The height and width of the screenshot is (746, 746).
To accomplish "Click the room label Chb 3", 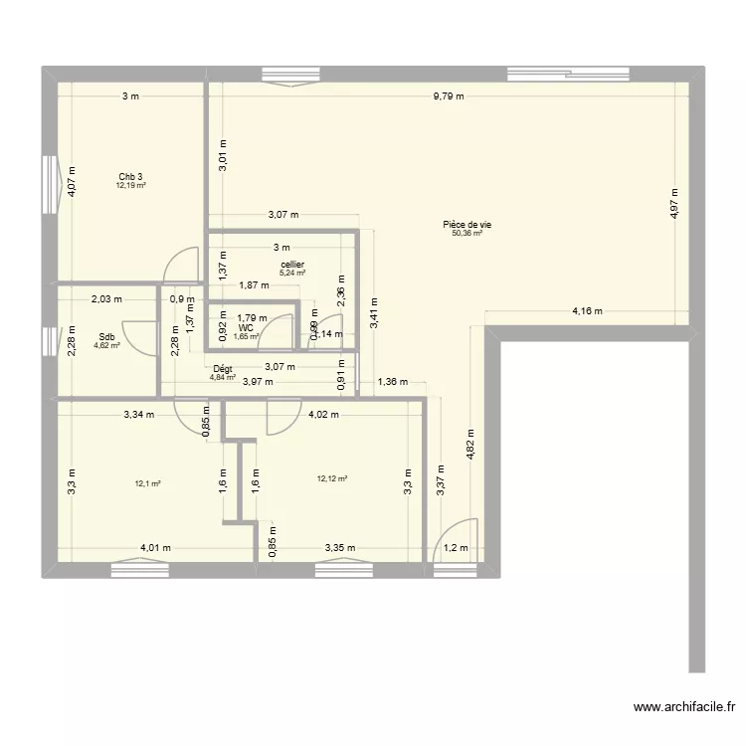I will click(130, 177).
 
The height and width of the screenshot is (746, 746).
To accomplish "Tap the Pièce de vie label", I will click(467, 226).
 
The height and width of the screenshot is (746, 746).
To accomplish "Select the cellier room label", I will click(291, 265).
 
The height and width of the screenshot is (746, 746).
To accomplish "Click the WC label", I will click(246, 327).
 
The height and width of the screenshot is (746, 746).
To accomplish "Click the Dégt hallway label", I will click(222, 369).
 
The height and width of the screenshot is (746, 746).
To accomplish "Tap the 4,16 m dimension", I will click(587, 311).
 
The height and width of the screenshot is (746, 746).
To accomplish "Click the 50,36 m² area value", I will click(467, 235).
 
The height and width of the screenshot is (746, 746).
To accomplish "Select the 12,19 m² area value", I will click(130, 186).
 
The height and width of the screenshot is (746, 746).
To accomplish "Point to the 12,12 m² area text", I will click(332, 478).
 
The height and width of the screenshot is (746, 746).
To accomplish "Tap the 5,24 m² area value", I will click(291, 274).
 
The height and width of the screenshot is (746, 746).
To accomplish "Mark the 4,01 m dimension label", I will click(155, 547).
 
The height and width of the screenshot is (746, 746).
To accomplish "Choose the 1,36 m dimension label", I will click(392, 382).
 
